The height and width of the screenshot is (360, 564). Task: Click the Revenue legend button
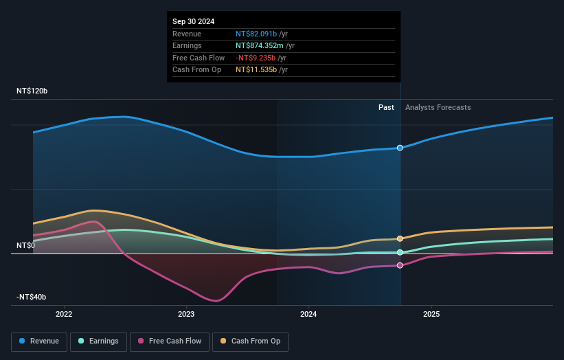39,341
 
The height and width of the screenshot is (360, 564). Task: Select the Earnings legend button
98,341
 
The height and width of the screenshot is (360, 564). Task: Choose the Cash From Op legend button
250,341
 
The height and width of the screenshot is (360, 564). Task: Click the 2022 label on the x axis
64,315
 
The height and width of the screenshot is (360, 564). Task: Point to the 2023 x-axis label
186,315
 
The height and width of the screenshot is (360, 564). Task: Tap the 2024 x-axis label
308,315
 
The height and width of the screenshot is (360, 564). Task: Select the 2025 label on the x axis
431,315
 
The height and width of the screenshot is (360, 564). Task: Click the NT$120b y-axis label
32,91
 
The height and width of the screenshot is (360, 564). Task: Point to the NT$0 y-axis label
26,245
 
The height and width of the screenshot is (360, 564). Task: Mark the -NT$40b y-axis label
32,297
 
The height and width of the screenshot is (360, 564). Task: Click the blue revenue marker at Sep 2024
400,148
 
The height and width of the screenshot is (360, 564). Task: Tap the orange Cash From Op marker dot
400,238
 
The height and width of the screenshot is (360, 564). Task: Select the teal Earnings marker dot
400,253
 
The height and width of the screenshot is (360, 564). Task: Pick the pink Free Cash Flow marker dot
400,265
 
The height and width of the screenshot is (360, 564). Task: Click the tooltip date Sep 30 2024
193,21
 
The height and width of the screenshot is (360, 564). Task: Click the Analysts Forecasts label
438,107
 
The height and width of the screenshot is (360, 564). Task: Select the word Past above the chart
386,107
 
